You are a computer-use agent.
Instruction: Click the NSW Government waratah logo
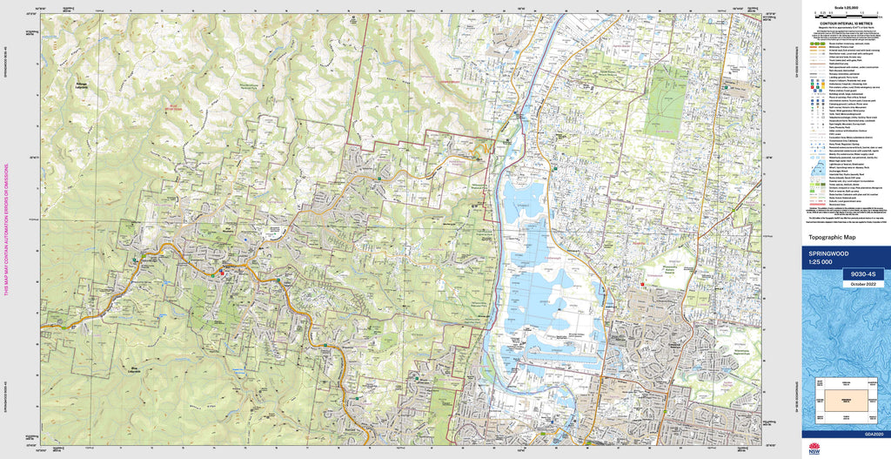[814, 450]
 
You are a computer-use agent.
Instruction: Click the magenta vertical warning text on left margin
[7, 229]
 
